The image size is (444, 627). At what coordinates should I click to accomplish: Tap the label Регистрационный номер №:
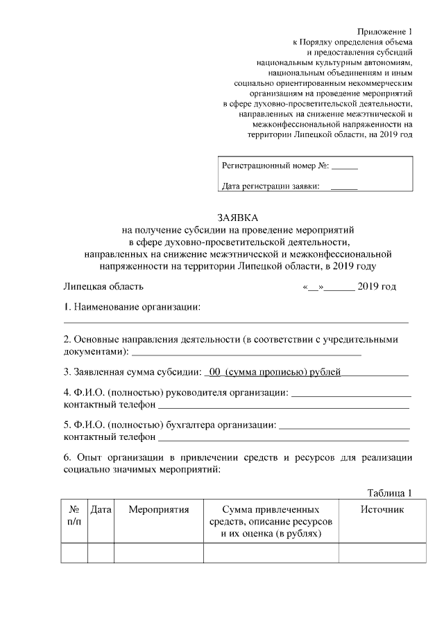(275, 167)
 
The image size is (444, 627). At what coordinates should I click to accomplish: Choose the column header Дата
(101, 510)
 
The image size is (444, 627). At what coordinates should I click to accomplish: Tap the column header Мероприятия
(159, 510)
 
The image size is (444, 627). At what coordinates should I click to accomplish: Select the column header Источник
(382, 510)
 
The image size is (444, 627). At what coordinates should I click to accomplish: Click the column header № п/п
(74, 516)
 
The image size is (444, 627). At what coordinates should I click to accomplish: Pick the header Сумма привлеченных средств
(271, 510)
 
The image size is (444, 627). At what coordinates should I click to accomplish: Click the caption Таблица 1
(389, 493)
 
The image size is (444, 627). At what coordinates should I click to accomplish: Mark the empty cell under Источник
(382, 554)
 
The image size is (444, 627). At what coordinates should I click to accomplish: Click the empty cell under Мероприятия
(159, 554)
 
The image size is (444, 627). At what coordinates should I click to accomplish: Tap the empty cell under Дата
(101, 554)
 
